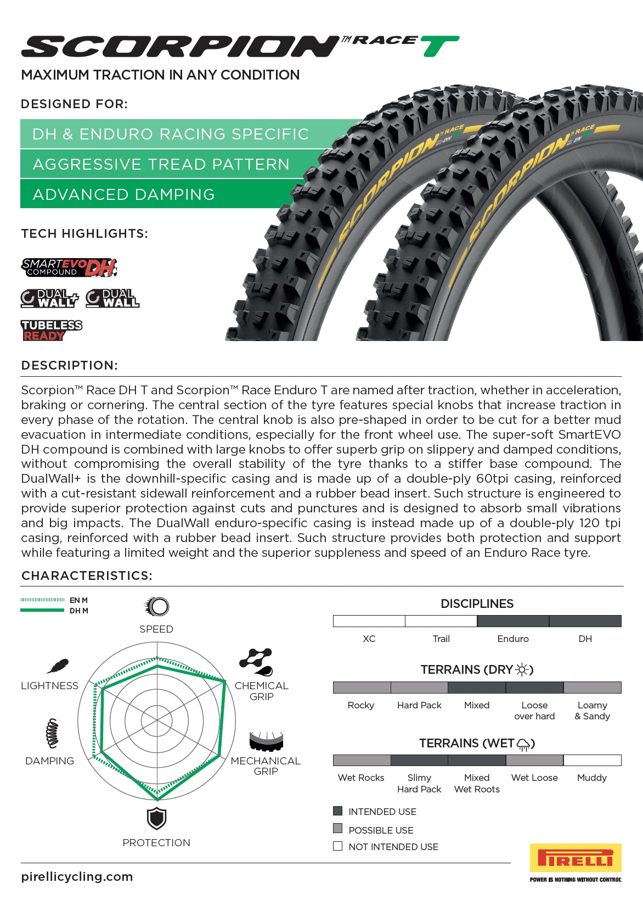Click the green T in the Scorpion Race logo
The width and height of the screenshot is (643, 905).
tap(441, 46)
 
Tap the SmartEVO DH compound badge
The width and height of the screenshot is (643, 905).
tap(69, 267)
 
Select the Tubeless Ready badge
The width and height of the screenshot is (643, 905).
tap(52, 331)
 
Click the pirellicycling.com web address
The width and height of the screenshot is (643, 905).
tap(77, 876)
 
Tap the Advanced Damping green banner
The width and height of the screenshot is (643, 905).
tap(123, 194)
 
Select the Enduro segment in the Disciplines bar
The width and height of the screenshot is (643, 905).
tap(513, 621)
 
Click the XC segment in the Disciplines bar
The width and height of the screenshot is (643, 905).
tap(369, 621)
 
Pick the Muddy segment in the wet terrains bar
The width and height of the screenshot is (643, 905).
tap(592, 760)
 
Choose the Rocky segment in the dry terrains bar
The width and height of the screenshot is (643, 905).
tap(362, 687)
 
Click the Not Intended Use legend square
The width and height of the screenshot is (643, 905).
tap(338, 846)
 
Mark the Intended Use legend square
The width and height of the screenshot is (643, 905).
tap(338, 811)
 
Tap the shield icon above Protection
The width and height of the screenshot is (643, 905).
tap(156, 819)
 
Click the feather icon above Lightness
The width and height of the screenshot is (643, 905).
tap(57, 666)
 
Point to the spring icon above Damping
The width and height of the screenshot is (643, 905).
tap(52, 733)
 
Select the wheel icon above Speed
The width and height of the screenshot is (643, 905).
tap(157, 606)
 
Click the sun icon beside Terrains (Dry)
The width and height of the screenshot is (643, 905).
tap(522, 669)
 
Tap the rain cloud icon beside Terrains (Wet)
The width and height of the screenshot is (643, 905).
tap(523, 744)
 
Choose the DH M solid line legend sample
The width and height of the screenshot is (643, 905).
tap(42, 610)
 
